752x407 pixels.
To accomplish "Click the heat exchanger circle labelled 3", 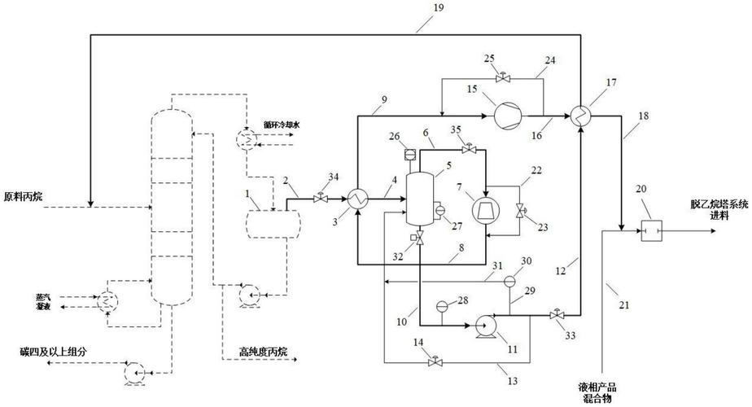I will [356, 198].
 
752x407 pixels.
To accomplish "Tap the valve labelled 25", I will [502, 78].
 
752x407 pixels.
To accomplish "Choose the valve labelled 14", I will [433, 361].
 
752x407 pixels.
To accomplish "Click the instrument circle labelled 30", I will [509, 281].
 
